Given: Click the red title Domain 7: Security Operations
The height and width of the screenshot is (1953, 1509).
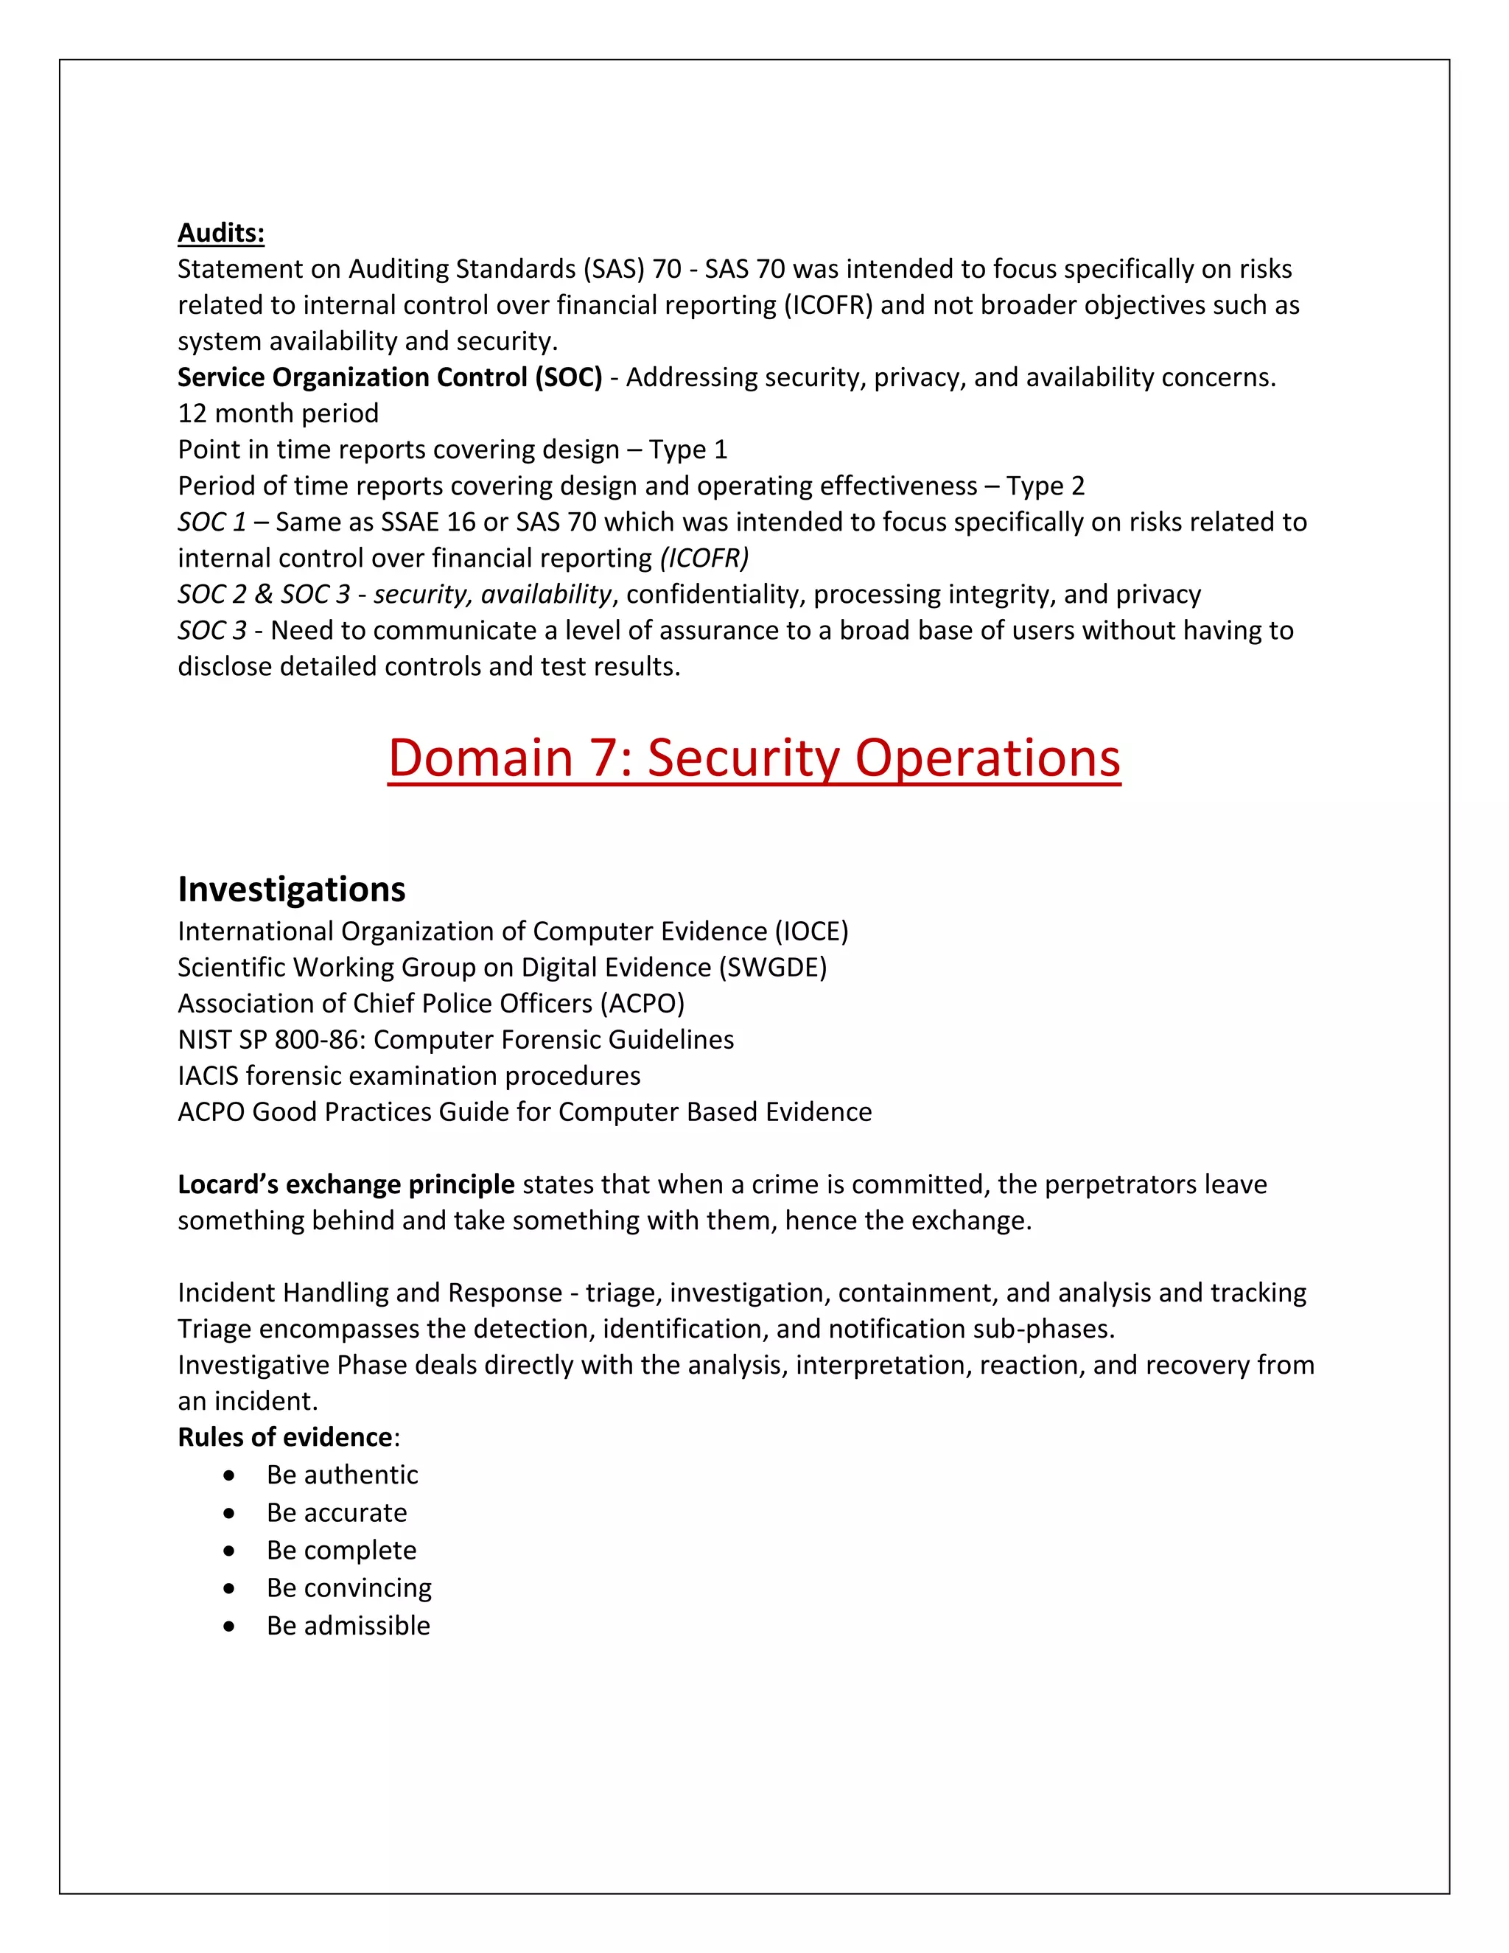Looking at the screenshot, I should tap(754, 758).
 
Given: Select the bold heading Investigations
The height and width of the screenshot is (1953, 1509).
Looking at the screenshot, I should tap(292, 889).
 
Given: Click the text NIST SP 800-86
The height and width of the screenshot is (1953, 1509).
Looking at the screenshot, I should tap(272, 1039).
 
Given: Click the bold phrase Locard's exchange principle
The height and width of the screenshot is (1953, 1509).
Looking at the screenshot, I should tap(345, 1184).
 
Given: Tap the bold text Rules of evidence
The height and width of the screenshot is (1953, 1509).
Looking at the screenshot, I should tap(284, 1437).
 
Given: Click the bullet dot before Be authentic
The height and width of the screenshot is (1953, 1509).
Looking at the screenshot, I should tap(230, 1475).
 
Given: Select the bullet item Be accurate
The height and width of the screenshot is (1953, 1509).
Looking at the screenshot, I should tap(336, 1512).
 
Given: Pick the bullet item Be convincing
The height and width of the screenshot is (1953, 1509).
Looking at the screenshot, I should tap(349, 1587).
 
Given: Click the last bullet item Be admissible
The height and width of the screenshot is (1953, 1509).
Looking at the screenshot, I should tap(348, 1625).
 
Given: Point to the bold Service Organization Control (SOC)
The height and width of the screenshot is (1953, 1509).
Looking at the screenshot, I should tap(390, 377).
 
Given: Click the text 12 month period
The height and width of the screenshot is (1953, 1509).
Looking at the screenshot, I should tap(278, 413).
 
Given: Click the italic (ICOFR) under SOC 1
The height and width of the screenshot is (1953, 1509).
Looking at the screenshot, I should tap(704, 558).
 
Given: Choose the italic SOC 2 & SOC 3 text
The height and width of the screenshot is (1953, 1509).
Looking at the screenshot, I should tap(264, 594).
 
